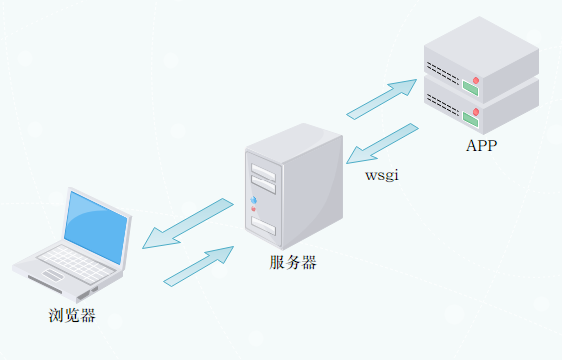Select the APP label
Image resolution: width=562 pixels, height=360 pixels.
pos(481,146)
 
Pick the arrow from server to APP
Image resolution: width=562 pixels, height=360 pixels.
pos(381,97)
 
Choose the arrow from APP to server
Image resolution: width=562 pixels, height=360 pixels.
pos(382,143)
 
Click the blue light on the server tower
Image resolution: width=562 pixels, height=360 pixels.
pos(253,201)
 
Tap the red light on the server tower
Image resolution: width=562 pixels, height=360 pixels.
pos(253,210)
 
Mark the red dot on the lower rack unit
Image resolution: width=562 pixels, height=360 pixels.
pos(477,110)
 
